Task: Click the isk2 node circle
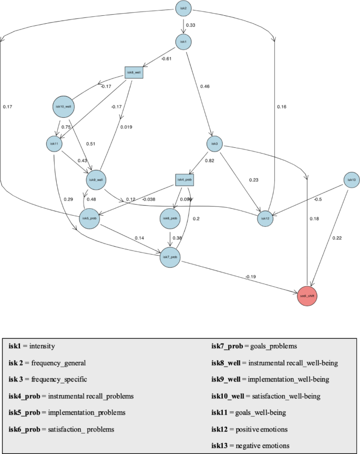pyautogui.click(x=183, y=8)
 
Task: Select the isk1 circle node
pyautogui.click(x=183, y=42)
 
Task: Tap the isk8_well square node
pyautogui.click(x=133, y=72)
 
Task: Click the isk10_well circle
pyautogui.click(x=64, y=107)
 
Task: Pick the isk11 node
pyautogui.click(x=54, y=143)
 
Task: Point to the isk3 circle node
pyautogui.click(x=214, y=143)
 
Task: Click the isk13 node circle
pyautogui.click(x=351, y=180)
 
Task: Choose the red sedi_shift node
pyautogui.click(x=307, y=296)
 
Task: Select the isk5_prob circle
pyautogui.click(x=89, y=218)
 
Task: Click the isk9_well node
pyautogui.click(x=95, y=180)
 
